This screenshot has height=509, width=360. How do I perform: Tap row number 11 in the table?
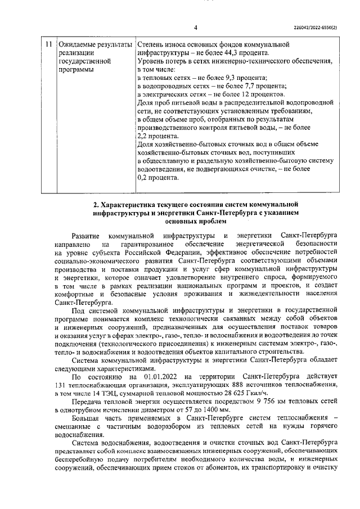coord(49,44)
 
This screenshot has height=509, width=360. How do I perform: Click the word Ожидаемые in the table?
coord(79,44)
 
